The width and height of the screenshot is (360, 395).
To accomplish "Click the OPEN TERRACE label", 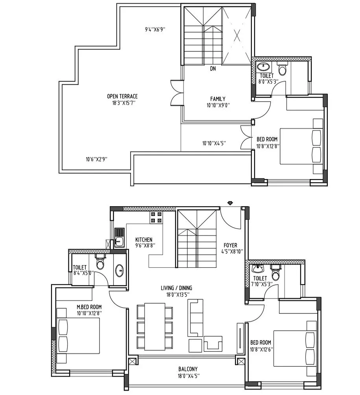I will tap(122, 96).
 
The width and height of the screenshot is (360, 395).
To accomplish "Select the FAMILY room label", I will tap(218, 99).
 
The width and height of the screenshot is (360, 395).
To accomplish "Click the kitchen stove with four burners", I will tap(156, 218).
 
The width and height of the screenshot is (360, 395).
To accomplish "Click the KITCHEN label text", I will tap(144, 240).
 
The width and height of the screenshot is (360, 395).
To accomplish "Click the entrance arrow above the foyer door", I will tap(230, 203).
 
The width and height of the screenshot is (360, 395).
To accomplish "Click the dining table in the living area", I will tap(154, 326).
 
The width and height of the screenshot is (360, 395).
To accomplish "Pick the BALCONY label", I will tap(188, 369).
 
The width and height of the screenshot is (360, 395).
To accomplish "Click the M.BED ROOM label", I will tap(89, 307).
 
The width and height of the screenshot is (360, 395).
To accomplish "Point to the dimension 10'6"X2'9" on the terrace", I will tap(97, 159).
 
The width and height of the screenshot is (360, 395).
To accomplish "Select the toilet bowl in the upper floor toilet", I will tap(282, 69).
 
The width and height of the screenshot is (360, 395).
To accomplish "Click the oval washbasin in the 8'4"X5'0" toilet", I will tap(119, 270).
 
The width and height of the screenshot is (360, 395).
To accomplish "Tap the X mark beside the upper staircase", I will tap(237, 36).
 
